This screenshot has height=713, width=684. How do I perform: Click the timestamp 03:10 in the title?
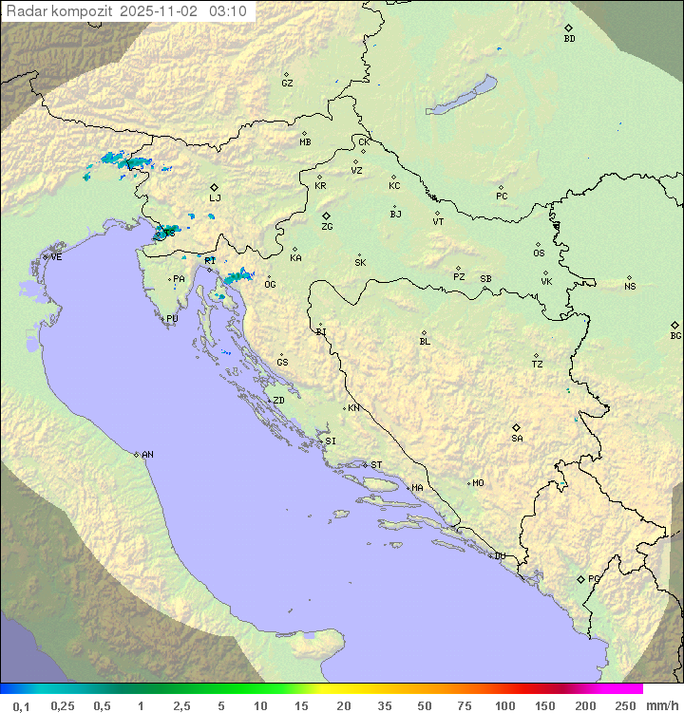tap(228, 11)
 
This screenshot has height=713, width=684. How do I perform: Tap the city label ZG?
tap(327, 227)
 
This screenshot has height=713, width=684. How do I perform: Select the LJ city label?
tap(215, 198)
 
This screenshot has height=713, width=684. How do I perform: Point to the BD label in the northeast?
tap(569, 39)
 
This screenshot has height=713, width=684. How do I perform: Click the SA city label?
tap(517, 439)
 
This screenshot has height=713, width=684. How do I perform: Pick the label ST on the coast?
tap(376, 465)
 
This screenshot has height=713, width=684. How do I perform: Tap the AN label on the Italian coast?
tap(147, 455)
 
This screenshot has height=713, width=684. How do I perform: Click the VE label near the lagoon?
tap(56, 257)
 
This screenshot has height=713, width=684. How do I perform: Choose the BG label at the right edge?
tap(675, 335)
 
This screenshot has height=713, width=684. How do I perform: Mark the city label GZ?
tap(287, 84)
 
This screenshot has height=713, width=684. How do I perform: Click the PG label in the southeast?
tap(594, 579)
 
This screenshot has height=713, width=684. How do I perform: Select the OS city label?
tap(539, 253)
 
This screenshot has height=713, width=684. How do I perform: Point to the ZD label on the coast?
tap(278, 401)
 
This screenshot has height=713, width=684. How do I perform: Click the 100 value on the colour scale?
tap(504, 705)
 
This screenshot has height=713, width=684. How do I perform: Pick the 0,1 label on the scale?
tap(22, 705)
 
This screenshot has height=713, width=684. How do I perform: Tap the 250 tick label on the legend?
tap(625, 705)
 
